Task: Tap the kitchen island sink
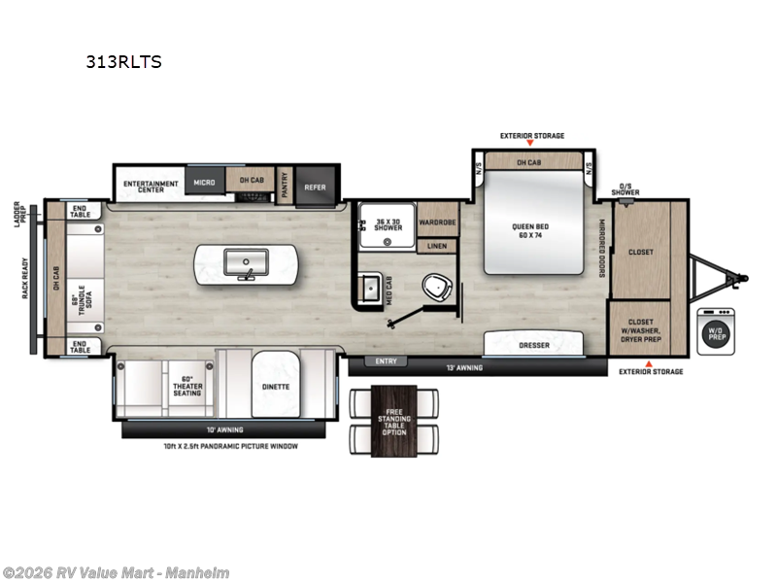[245, 262]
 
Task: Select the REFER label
[316, 188]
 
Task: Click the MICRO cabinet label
[203, 182]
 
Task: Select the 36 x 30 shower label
[388, 223]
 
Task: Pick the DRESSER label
[534, 345]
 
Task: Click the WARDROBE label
[437, 222]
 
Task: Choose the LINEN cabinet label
[437, 246]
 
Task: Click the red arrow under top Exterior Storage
[530, 144]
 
